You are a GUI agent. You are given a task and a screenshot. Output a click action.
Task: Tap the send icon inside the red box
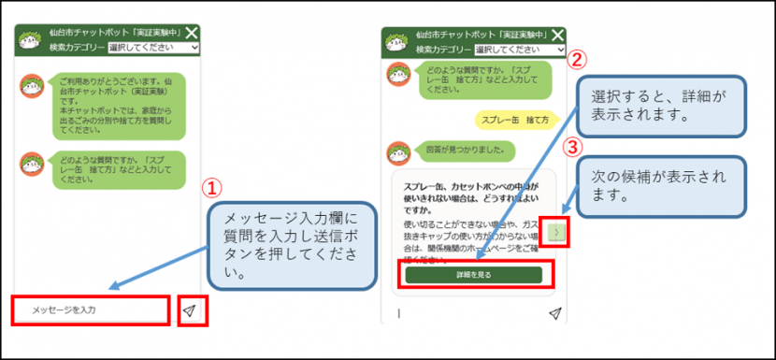191,310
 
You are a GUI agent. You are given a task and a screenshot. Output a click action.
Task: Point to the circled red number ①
212,188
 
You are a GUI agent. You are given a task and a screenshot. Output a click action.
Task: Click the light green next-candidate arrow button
557,233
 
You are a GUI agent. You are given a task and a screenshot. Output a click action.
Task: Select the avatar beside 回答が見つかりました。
398,151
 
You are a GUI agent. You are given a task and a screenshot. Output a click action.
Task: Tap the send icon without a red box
555,313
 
